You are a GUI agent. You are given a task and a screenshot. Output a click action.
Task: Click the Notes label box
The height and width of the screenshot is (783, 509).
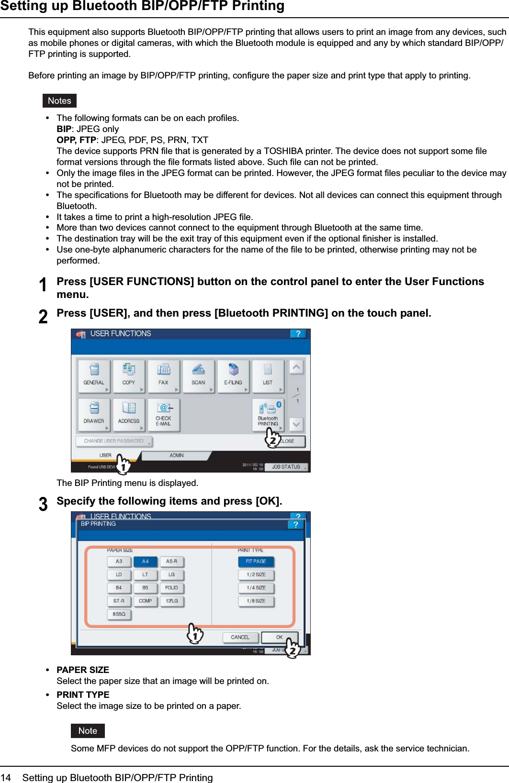pos(59,101)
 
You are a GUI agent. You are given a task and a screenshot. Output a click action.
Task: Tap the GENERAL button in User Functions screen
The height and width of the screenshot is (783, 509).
pos(94,376)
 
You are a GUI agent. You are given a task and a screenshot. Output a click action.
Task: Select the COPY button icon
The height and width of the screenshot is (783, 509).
pos(128,376)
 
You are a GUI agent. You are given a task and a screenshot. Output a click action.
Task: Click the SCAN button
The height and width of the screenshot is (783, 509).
pos(198,376)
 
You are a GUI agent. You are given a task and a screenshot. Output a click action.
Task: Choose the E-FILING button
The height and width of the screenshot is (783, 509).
pos(233,376)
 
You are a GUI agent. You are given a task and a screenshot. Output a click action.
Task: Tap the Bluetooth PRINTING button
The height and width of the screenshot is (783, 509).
pos(268,414)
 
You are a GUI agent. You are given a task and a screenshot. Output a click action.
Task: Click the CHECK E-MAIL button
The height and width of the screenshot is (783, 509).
pos(163,414)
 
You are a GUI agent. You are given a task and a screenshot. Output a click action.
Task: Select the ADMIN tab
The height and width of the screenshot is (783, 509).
pos(176,455)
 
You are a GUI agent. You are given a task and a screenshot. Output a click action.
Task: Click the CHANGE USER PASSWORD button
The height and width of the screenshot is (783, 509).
pos(114,441)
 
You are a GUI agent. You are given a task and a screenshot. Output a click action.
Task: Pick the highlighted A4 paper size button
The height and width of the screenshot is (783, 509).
pos(145,562)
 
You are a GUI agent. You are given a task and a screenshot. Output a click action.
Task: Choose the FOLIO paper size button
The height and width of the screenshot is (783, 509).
pos(171,588)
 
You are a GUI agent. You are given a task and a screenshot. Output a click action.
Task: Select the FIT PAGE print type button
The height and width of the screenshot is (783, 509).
pos(256,562)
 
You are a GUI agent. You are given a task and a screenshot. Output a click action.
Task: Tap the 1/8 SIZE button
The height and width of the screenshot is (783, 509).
pos(256,601)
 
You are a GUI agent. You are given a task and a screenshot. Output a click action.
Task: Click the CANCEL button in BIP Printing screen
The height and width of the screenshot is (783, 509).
pos(240,637)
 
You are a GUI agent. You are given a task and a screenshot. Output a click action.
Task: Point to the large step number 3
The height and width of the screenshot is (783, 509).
pos(43,504)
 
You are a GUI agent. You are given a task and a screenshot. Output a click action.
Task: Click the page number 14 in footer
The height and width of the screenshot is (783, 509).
pos(6,778)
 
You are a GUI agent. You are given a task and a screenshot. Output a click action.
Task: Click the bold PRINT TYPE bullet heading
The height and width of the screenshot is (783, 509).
pos(83,695)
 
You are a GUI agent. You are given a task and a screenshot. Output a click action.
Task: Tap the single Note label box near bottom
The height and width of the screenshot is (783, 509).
pos(88,731)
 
